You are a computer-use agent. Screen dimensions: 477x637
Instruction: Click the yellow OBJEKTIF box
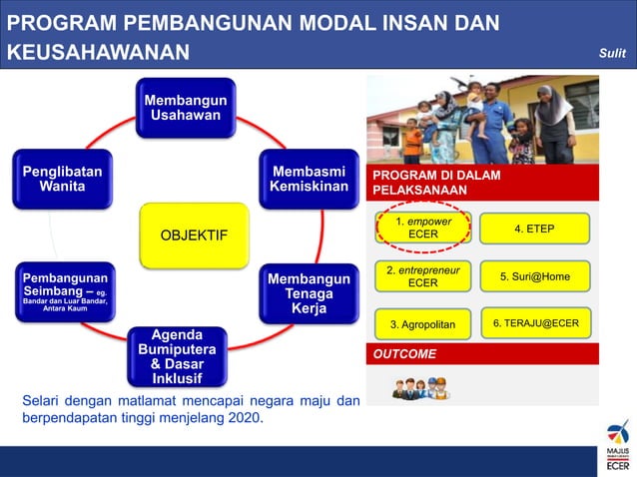coord(194,236)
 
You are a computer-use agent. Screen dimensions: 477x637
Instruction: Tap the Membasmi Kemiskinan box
coord(309,179)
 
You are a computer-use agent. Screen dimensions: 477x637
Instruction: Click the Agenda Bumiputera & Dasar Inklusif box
coord(177,356)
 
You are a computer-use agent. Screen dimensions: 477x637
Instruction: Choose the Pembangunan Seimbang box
coord(62,290)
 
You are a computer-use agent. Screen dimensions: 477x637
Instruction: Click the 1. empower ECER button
coord(423,228)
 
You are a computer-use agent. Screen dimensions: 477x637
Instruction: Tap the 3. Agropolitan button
coord(422,324)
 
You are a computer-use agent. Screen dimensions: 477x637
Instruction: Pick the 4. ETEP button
coord(534,229)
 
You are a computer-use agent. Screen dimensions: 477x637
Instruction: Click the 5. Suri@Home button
coord(534,275)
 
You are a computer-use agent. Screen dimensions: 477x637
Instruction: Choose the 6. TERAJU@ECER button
coord(535,322)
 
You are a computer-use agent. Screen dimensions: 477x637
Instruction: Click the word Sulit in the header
coord(611,52)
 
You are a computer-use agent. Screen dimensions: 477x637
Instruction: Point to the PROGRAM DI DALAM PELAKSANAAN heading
coord(436,182)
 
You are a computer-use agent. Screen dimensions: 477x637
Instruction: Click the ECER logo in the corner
coord(617,447)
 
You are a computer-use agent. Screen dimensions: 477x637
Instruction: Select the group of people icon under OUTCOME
coord(420,387)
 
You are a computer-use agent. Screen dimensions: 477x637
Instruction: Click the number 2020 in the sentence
coord(245,418)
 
